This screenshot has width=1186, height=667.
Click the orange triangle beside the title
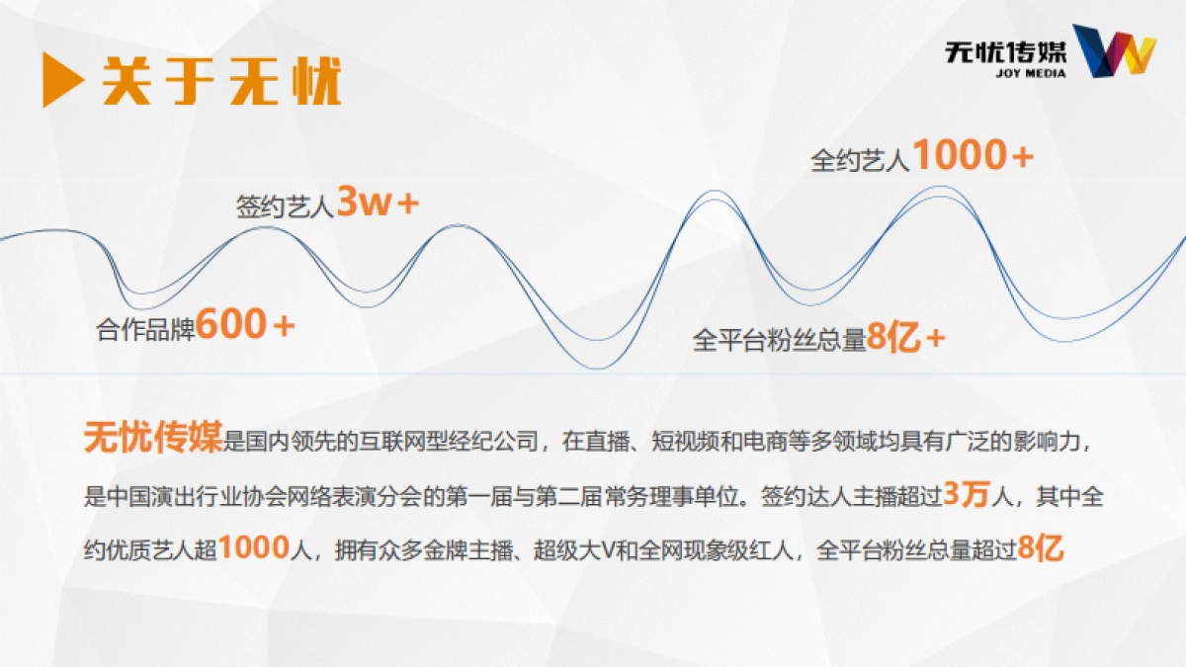coord(61,79)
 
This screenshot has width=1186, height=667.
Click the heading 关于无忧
coord(221,81)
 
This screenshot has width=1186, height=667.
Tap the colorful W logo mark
coord(1114,51)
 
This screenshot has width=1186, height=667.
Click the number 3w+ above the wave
coord(379,203)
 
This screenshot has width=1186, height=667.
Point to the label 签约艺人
coord(285,208)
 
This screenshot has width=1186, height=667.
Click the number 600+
coord(245,324)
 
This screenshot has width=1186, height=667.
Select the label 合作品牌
coord(145,328)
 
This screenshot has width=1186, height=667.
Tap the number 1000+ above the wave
coord(973,155)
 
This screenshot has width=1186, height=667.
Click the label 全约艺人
coord(860,161)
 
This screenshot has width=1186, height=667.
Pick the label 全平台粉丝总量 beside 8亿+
coord(779,341)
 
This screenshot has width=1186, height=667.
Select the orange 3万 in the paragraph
coord(966,494)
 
